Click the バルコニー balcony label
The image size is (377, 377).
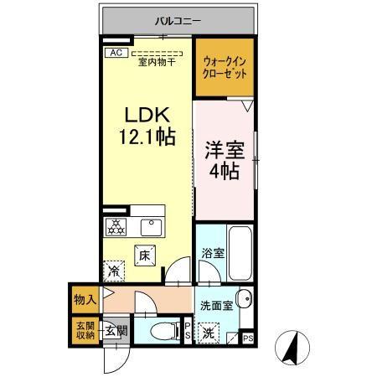tap(177, 21)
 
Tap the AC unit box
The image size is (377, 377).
tap(114, 51)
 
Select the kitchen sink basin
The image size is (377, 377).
tap(152, 226)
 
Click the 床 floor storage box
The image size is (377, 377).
tap(144, 256)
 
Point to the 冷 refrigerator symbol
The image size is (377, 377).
tap(114, 271)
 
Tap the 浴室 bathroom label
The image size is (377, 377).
tap(212, 253)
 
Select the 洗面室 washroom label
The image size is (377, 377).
tap(216, 304)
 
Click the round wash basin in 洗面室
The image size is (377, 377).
tap(245, 300)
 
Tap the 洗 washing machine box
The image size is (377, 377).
tap(209, 333)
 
